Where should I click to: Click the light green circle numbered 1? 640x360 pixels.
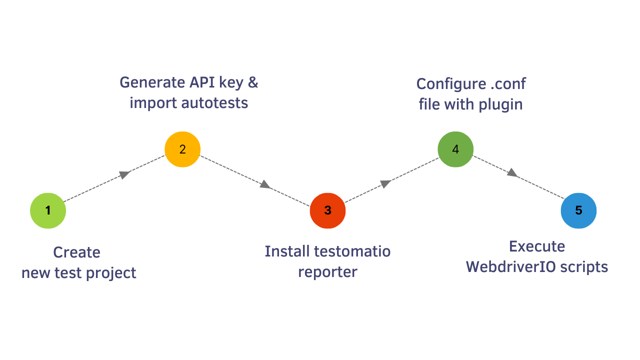point(48,210)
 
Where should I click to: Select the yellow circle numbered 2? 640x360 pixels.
point(182,149)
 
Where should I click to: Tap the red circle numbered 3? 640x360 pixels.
point(327,210)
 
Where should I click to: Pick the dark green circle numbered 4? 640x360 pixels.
point(455,149)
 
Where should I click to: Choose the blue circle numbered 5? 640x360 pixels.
point(578,210)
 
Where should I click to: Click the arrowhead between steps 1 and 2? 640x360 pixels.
point(125,174)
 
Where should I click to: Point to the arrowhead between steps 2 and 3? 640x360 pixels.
point(265,185)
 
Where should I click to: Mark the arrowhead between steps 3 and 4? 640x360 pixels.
point(385,183)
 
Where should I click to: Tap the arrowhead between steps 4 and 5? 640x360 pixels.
point(512,173)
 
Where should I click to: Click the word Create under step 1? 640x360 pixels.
point(76,252)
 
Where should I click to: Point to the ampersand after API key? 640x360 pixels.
point(253,82)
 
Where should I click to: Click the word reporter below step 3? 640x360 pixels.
point(327,272)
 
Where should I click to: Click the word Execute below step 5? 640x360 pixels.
point(537,246)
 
